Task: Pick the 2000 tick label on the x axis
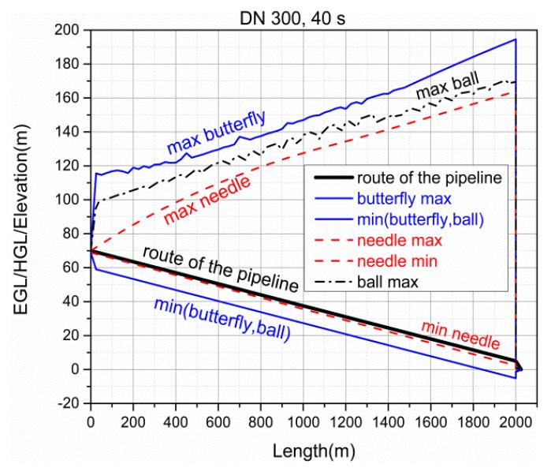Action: coord(516,420)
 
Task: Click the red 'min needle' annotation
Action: coord(460,335)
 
